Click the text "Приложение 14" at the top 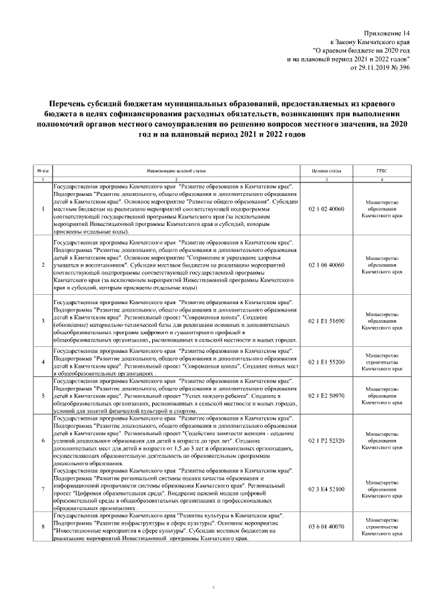point(386,33)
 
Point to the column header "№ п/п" point(42,172)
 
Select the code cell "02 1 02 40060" point(326,209)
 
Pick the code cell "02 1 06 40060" point(326,265)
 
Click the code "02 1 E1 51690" point(326,321)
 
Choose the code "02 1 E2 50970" point(326,395)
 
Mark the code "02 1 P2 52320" point(326,441)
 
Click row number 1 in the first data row point(42,209)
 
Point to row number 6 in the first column point(42,441)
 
